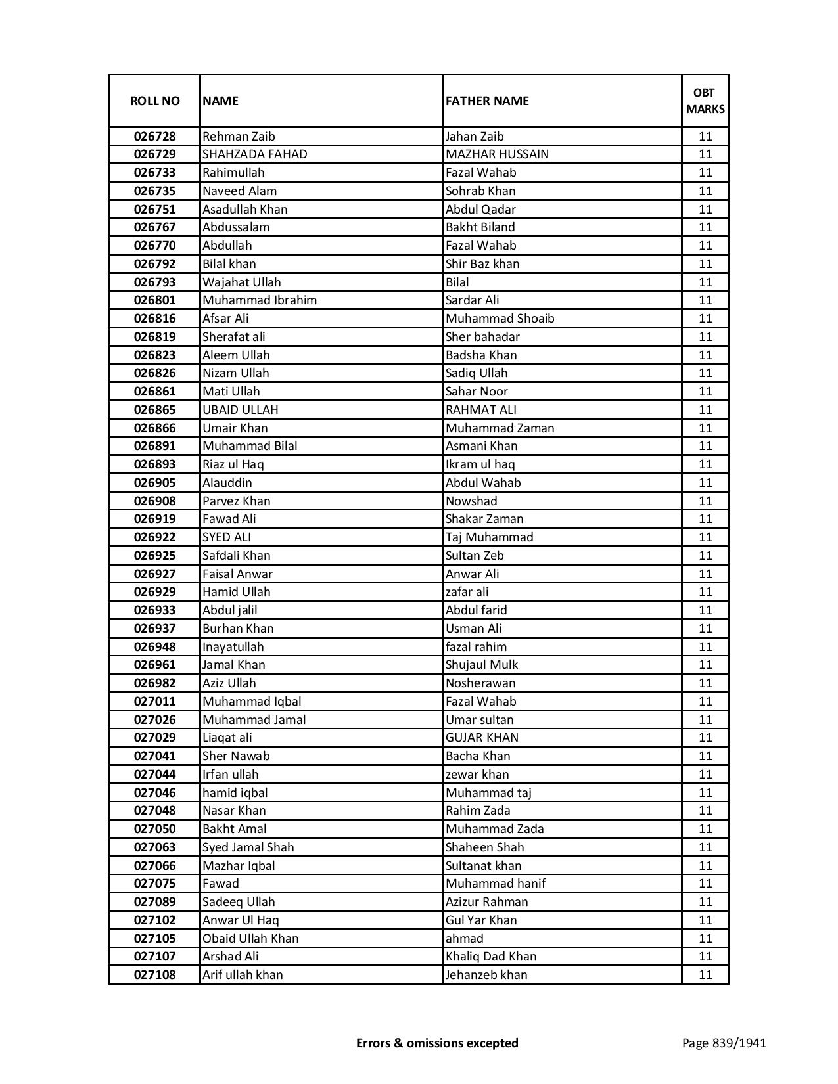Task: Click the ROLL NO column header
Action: coord(154,101)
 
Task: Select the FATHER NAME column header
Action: coord(487,101)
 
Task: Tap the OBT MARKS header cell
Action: coord(705,101)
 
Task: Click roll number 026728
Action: coord(154,137)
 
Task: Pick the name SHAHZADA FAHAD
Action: coord(255,154)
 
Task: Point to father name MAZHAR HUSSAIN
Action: coord(497,154)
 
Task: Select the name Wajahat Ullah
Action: coord(241,282)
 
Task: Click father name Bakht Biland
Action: coord(480,227)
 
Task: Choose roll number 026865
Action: coord(154,410)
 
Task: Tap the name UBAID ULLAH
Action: coord(240,410)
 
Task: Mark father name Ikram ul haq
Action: coord(480,464)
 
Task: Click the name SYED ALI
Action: coord(227,537)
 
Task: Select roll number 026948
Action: coord(154,647)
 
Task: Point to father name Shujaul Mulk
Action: coord(482,665)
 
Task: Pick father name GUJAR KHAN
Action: coord(482,738)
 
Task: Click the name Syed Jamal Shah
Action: coord(248,847)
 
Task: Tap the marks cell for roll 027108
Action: coord(705,975)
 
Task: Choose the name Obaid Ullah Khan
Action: coord(250,939)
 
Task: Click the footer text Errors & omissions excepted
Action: coord(437,1043)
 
